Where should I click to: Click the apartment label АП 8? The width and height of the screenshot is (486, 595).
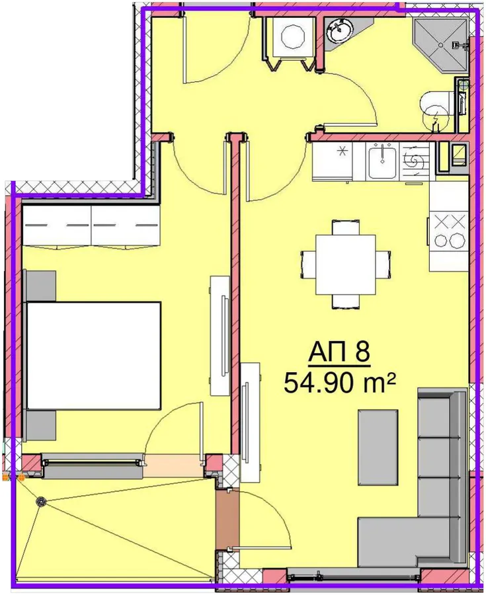pos(339,352)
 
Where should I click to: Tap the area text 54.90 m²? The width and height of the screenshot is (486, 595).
pos(340,383)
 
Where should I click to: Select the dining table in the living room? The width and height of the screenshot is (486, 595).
pos(346,264)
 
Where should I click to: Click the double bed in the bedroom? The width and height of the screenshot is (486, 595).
pos(93,356)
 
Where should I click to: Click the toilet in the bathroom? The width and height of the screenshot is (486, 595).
pos(437,109)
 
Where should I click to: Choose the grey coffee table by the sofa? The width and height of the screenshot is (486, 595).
pos(378,448)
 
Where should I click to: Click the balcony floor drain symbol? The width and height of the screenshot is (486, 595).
pos(40,502)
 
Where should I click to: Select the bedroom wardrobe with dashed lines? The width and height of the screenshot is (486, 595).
pos(91,226)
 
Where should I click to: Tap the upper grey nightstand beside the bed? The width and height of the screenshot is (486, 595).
pos(40,286)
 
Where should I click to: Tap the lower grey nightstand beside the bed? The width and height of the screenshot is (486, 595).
pos(40,425)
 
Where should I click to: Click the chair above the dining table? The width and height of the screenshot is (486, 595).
pos(345,227)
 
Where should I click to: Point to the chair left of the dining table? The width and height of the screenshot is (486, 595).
pos(308,265)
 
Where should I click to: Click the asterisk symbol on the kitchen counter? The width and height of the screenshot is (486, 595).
pos(343,151)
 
